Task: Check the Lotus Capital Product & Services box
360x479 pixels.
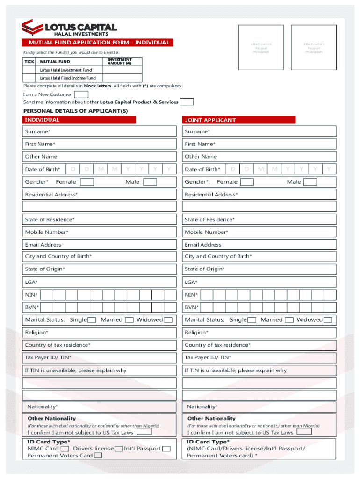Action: tap(187, 102)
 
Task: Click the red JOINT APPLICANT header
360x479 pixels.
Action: tap(239, 120)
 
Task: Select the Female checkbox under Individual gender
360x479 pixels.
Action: tap(87, 182)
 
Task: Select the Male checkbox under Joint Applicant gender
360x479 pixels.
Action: tap(310, 182)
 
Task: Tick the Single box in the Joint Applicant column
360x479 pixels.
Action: tap(252, 320)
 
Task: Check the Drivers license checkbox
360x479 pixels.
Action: tap(119, 449)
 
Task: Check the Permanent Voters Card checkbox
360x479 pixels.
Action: tap(98, 456)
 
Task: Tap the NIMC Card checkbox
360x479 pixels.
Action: tap(65, 449)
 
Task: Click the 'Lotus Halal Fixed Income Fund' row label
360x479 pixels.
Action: tap(68, 78)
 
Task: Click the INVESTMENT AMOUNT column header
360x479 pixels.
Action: tap(119, 61)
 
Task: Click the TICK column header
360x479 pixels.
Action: tap(29, 62)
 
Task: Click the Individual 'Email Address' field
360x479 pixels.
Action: tap(101, 245)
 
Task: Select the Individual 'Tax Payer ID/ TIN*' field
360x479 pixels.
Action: tap(101, 357)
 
